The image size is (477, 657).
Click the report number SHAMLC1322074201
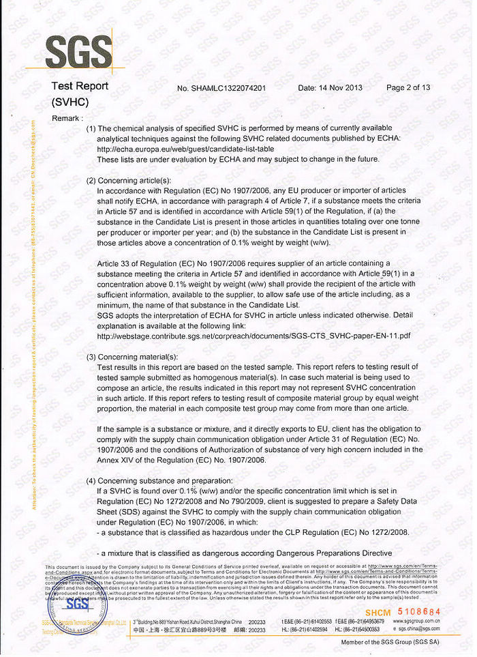tap(221, 88)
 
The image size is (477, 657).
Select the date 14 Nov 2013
tap(330, 87)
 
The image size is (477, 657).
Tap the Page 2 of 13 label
tap(407, 87)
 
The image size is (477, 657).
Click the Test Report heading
tap(80, 86)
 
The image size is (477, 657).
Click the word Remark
tap(67, 118)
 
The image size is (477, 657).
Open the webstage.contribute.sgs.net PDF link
tap(253, 336)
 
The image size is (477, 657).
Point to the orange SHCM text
tap(378, 612)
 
